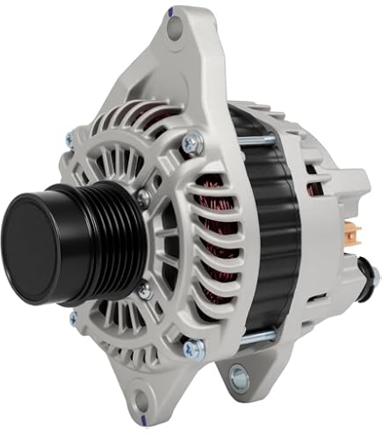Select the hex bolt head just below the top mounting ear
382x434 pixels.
pyautogui.click(x=190, y=141)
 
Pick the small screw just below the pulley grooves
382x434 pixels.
pyautogui.click(x=141, y=287)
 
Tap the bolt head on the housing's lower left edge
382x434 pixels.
pyautogui.click(x=73, y=318)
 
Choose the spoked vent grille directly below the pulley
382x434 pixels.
pyautogui.click(x=110, y=324)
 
